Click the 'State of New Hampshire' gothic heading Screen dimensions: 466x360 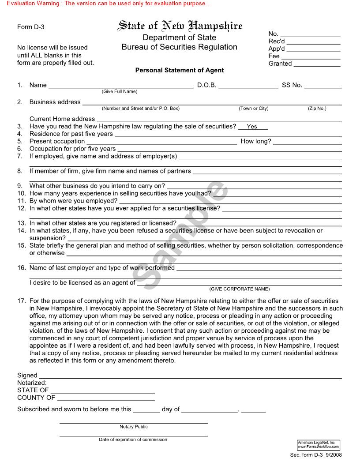click(180, 26)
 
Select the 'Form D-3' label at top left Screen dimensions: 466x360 click(31, 27)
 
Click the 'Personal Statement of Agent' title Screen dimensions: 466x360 click(179, 70)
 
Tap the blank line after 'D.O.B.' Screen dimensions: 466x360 click(248, 86)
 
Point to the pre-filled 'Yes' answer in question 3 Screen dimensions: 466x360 click(252, 127)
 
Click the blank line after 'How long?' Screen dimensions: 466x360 click(307, 142)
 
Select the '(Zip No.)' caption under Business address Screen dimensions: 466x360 click(317, 109)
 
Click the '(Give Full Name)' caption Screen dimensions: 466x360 click(120, 92)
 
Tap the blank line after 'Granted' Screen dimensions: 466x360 click(317, 64)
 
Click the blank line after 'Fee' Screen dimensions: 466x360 click(311, 57)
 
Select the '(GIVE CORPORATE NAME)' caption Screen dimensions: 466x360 click(239, 289)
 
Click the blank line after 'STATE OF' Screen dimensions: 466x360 click(102, 391)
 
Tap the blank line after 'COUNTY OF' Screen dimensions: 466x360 click(105, 398)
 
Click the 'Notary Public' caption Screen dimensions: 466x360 click(133, 427)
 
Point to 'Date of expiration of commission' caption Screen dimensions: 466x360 click(133, 440)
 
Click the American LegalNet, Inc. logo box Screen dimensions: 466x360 click(319, 445)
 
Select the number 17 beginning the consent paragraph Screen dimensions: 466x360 click(22, 301)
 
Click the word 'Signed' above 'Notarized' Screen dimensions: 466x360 click(27, 376)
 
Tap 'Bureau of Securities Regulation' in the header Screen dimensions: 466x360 click(179, 47)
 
